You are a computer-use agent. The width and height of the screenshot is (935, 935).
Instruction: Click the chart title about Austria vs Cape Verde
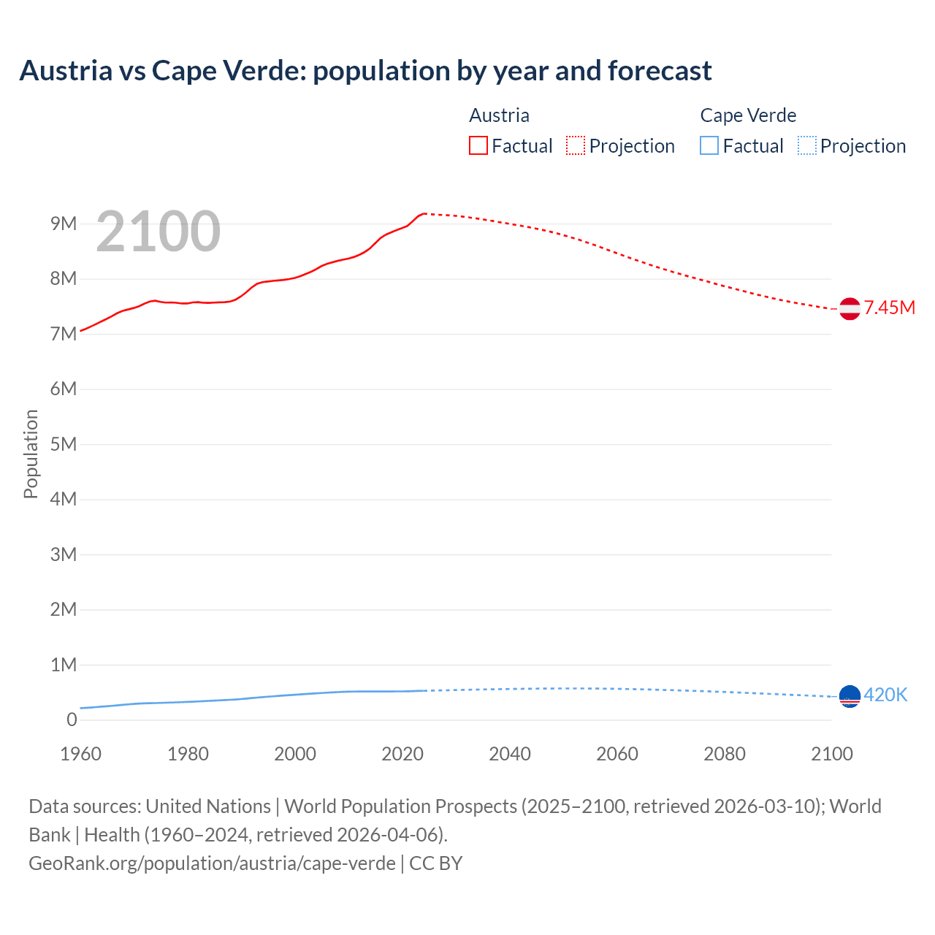pyautogui.click(x=365, y=71)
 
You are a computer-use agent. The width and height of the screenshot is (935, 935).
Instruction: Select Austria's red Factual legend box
pyautogui.click(x=478, y=145)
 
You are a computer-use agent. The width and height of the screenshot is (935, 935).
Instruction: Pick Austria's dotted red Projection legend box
pyautogui.click(x=576, y=145)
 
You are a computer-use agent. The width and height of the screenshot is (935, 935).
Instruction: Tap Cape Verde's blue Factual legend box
pyautogui.click(x=709, y=145)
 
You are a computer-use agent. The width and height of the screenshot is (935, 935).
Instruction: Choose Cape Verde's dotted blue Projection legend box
pyautogui.click(x=806, y=145)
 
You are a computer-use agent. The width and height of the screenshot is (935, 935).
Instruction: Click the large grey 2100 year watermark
pyautogui.click(x=158, y=232)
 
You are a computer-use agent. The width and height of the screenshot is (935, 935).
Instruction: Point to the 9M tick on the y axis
pyautogui.click(x=64, y=224)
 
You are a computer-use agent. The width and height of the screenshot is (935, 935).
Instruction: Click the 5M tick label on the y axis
pyautogui.click(x=64, y=444)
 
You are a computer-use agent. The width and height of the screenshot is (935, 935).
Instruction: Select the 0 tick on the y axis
pyautogui.click(x=72, y=720)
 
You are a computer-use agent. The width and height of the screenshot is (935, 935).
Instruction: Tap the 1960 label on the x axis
pyautogui.click(x=80, y=754)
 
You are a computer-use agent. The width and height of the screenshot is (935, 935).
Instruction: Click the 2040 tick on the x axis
pyautogui.click(x=510, y=754)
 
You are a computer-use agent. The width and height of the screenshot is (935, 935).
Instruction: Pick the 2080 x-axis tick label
pyautogui.click(x=725, y=754)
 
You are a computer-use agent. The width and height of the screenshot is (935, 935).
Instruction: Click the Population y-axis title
pyautogui.click(x=31, y=454)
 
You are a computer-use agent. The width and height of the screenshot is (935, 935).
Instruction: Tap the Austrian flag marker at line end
pyautogui.click(x=850, y=309)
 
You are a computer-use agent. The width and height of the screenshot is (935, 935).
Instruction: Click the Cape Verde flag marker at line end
pyautogui.click(x=850, y=696)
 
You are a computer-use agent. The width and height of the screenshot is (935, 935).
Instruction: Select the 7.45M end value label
pyautogui.click(x=889, y=308)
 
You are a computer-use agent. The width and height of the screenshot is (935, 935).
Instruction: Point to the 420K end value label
pyautogui.click(x=885, y=695)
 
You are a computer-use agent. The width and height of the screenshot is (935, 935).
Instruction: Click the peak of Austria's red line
pyautogui.click(x=424, y=213)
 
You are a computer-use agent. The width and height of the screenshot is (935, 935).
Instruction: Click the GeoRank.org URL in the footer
pyautogui.click(x=212, y=863)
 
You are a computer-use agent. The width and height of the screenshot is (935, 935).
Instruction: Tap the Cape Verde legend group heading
pyautogui.click(x=748, y=115)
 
